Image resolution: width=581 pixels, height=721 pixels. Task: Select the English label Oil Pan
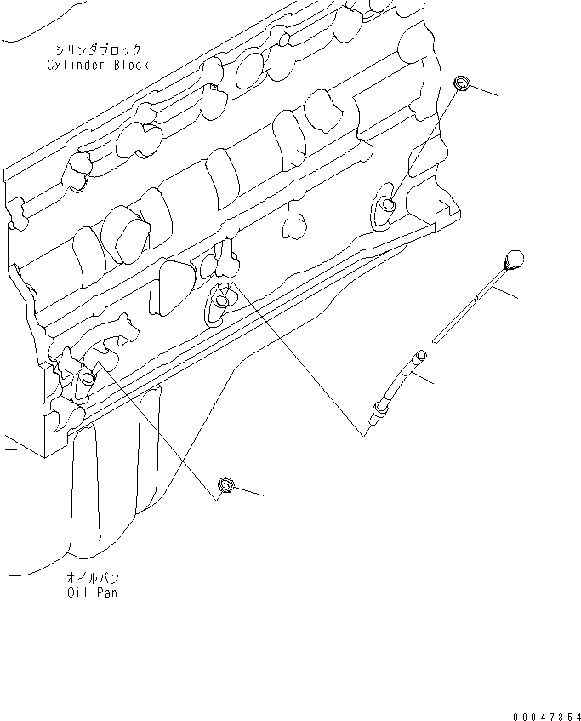pyautogui.click(x=93, y=592)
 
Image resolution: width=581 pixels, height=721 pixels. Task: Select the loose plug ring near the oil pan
pyautogui.click(x=226, y=485)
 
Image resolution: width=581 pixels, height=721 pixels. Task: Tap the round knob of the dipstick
pyautogui.click(x=514, y=260)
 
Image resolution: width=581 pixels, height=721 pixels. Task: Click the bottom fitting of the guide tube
pyautogui.click(x=374, y=415)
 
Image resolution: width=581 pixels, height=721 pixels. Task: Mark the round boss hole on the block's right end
pyautogui.click(x=387, y=203)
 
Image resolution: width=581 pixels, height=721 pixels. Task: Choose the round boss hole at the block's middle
pyautogui.click(x=221, y=300)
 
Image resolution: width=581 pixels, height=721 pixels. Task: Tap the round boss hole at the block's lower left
pyautogui.click(x=88, y=380)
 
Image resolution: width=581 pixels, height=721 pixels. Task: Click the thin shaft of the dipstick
pyautogui.click(x=473, y=302)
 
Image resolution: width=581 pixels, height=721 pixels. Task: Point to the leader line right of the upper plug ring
pyautogui.click(x=483, y=90)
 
